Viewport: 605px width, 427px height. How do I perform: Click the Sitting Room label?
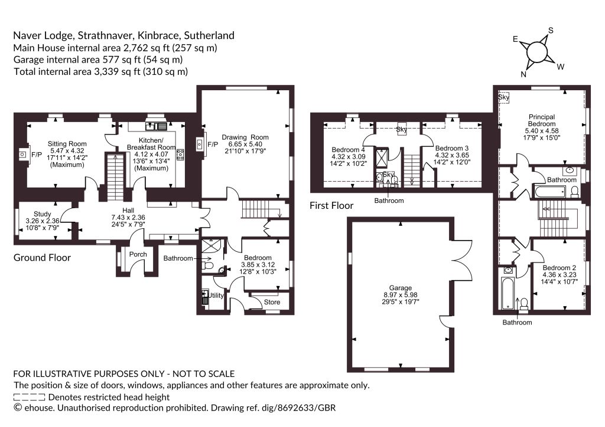pos(67,144)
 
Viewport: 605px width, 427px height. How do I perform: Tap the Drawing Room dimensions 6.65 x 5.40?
pos(245,144)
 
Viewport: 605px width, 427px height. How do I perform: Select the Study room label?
pos(43,214)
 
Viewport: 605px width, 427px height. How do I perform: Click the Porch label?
pos(138,254)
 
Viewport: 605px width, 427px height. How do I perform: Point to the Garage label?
pos(401,288)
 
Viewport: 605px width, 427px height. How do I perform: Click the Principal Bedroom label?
pos(542,120)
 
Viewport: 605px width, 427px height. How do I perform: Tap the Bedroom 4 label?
pos(349,150)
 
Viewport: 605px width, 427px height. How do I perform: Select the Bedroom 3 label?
pos(452,148)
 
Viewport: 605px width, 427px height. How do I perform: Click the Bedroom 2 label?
pos(560,268)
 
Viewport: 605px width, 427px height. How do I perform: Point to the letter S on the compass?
pos(551,31)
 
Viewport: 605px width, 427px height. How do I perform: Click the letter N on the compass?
pos(523,74)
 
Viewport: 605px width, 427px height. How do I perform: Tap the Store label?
pos(272,302)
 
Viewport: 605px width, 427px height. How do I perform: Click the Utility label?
pos(216,295)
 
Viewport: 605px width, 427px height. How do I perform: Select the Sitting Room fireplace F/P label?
pos(37,155)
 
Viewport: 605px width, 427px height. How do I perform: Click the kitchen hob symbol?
pos(180,155)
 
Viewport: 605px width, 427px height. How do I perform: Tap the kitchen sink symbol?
pos(156,126)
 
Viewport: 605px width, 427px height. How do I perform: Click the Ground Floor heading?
pos(42,258)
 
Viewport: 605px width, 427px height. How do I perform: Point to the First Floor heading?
pos(331,206)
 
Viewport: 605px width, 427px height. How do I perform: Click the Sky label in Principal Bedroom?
pos(503,97)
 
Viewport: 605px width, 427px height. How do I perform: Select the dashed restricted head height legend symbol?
pos(29,398)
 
